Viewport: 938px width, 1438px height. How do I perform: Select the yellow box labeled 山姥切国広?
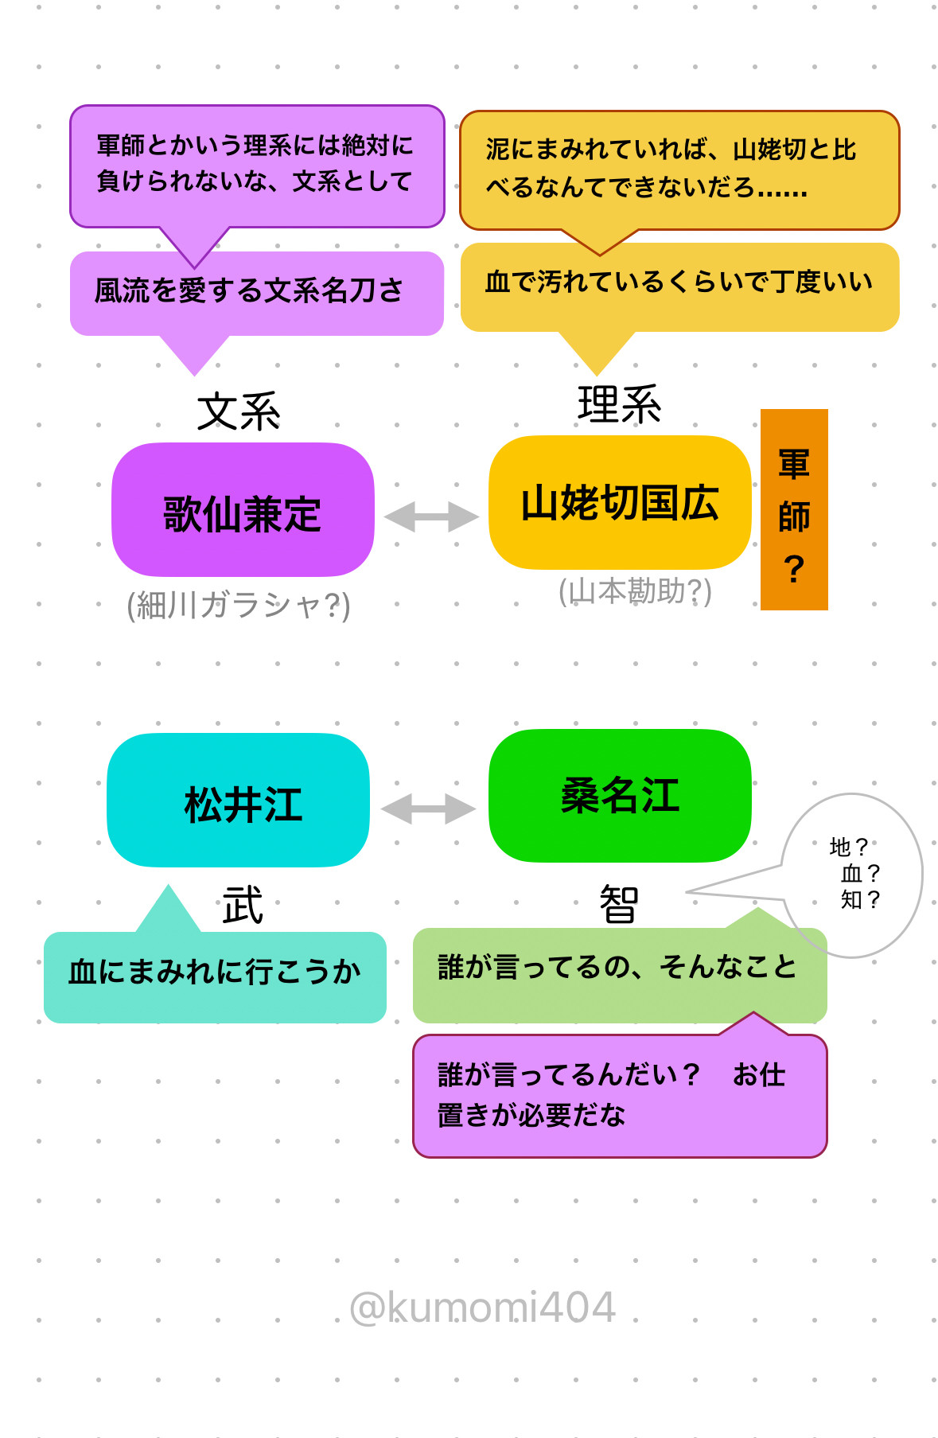620,502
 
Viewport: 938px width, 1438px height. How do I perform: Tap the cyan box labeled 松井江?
238,801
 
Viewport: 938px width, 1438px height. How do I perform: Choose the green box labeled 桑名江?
620,796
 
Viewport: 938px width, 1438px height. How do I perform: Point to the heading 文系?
239,411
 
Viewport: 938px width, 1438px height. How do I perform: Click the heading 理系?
620,404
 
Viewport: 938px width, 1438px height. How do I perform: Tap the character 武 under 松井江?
243,906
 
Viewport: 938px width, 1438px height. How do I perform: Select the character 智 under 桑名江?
619,905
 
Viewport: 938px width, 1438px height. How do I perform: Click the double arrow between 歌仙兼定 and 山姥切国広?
431,516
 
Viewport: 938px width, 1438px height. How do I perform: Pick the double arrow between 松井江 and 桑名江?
429,809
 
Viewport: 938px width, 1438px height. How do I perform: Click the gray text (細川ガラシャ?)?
239,606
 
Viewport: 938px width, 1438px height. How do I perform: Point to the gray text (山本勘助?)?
635,591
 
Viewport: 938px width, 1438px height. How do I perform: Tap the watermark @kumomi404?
483,1307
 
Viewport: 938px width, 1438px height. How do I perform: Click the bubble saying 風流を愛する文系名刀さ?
256,292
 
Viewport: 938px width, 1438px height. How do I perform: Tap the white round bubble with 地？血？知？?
854,874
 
